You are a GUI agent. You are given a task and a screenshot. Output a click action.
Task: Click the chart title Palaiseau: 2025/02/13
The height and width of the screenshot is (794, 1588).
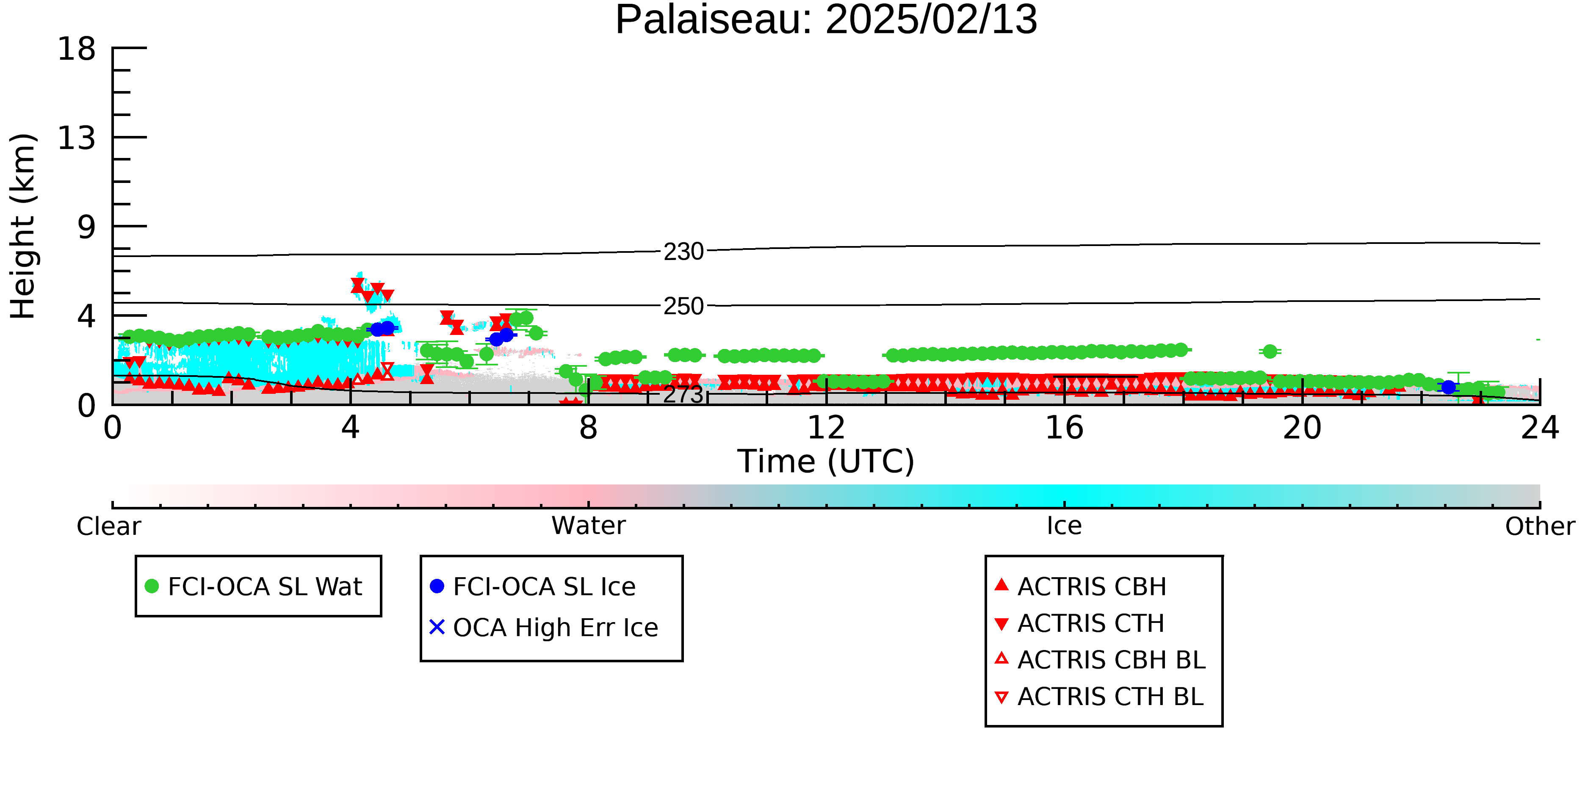pyautogui.click(x=826, y=20)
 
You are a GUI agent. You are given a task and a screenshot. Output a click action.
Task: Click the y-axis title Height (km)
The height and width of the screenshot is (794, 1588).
pyautogui.click(x=23, y=226)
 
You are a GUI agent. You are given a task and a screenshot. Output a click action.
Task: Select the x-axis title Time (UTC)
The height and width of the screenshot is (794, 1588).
pyautogui.click(x=826, y=461)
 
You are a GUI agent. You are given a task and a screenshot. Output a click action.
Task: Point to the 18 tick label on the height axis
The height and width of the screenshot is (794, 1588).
pyautogui.click(x=77, y=49)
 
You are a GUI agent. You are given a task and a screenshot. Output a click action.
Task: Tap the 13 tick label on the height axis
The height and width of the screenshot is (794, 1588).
pyautogui.click(x=77, y=138)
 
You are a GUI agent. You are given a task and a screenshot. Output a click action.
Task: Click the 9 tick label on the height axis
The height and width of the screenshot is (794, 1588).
pyautogui.click(x=87, y=227)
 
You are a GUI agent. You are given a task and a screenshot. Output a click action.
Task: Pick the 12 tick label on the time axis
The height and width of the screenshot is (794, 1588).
pyautogui.click(x=826, y=428)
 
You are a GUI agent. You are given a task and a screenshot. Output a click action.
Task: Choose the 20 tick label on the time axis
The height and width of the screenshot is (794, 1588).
pyautogui.click(x=1302, y=428)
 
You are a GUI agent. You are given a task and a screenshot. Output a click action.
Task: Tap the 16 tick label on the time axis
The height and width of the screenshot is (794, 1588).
pyautogui.click(x=1064, y=428)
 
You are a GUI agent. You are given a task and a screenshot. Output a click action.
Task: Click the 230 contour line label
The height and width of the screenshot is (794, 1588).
pyautogui.click(x=683, y=252)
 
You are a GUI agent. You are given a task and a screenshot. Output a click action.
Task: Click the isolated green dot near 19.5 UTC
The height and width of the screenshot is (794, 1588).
pyautogui.click(x=1270, y=351)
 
